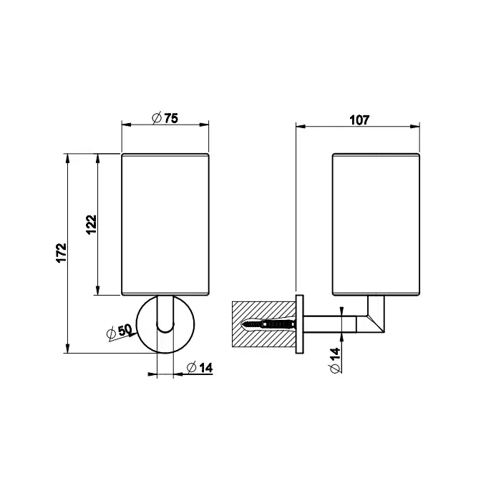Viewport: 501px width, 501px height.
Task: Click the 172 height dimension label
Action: (x=62, y=253)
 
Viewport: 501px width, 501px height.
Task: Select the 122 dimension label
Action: (x=92, y=225)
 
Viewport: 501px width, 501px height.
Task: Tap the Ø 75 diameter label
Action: (x=165, y=118)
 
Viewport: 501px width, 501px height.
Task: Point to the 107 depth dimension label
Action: (x=359, y=120)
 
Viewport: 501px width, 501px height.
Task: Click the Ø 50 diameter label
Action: (x=119, y=332)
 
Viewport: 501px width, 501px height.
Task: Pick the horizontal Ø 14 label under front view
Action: (x=200, y=368)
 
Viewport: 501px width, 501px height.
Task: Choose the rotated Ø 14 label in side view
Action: (x=335, y=361)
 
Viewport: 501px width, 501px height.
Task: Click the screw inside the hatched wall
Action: (x=269, y=325)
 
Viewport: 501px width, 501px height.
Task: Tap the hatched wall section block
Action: (x=264, y=324)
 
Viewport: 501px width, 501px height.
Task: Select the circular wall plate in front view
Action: (x=165, y=325)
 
